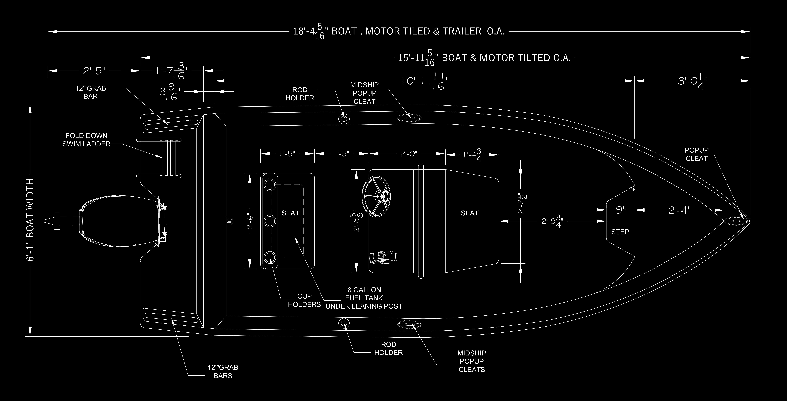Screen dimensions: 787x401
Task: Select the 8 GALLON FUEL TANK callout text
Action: [x=364, y=298]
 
